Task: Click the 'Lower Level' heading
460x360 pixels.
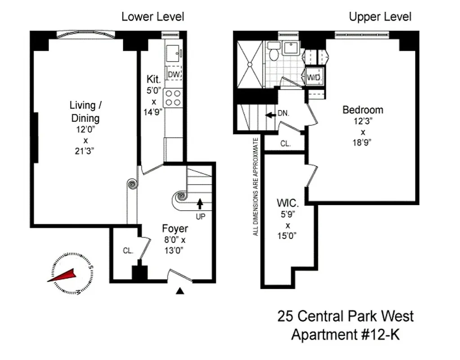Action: tap(152, 17)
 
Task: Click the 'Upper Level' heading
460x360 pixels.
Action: tap(380, 17)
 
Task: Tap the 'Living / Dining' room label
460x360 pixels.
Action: tap(85, 112)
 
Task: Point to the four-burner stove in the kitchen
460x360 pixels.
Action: tap(174, 98)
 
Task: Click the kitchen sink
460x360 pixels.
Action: tap(172, 53)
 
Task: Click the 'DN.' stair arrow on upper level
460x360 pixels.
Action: tap(271, 114)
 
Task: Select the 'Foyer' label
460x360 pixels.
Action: tap(175, 229)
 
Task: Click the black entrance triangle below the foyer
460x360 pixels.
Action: tap(180, 291)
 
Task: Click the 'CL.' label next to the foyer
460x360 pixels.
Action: tap(128, 251)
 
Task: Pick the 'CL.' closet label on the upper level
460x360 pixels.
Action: tap(286, 144)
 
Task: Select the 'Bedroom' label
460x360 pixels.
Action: tap(362, 110)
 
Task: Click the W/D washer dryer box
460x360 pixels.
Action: tap(313, 77)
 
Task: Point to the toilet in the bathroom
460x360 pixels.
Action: tap(273, 53)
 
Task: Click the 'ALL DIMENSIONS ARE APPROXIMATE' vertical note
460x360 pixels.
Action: tap(256, 187)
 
